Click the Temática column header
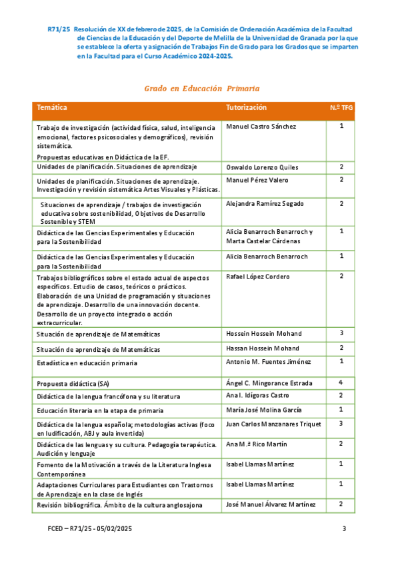[x=52, y=108]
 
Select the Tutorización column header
[x=246, y=108]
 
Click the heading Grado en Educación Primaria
[x=201, y=89]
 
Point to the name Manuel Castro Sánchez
[x=261, y=127]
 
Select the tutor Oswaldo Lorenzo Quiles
[x=263, y=167]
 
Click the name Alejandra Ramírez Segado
[x=265, y=203]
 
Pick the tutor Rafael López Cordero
[x=257, y=276]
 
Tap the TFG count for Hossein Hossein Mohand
[x=341, y=332]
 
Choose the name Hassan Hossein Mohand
[x=263, y=348]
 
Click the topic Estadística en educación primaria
[x=87, y=363]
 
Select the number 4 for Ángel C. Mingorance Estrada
[x=341, y=382]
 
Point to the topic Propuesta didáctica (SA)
[x=73, y=384]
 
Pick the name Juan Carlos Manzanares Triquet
[x=274, y=424]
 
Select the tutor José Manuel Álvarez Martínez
[x=271, y=504]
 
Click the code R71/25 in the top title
[x=59, y=29]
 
